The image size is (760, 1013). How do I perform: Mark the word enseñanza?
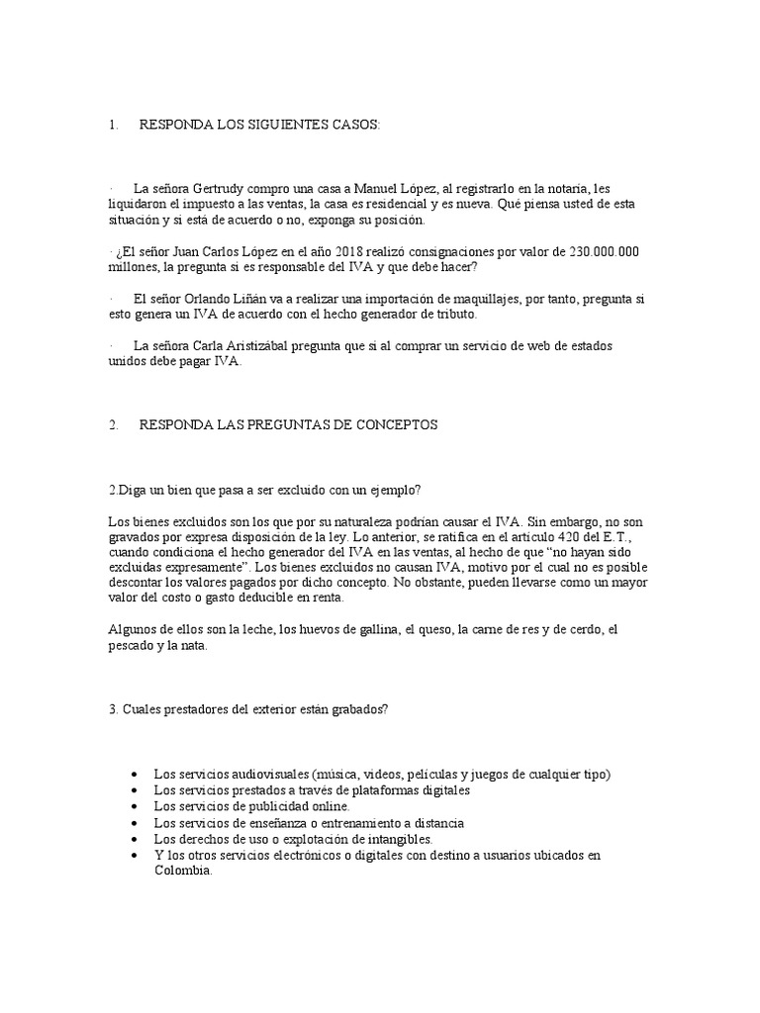click(x=270, y=822)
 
